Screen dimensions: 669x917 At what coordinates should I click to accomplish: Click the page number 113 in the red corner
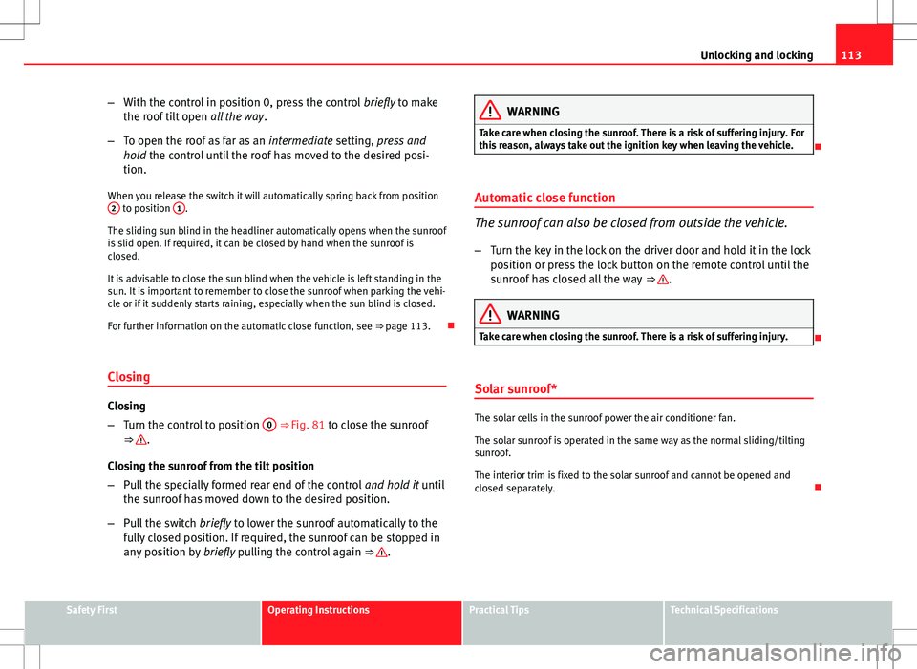[x=877, y=55]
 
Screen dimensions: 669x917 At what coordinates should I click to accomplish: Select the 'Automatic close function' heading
[x=540, y=198]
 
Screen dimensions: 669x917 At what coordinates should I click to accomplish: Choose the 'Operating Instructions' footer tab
[x=319, y=610]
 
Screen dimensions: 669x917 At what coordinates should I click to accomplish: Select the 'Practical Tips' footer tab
[x=499, y=610]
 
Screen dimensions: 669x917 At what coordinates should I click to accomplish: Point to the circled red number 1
[x=178, y=209]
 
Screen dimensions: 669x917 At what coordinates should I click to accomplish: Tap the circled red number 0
[x=270, y=424]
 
